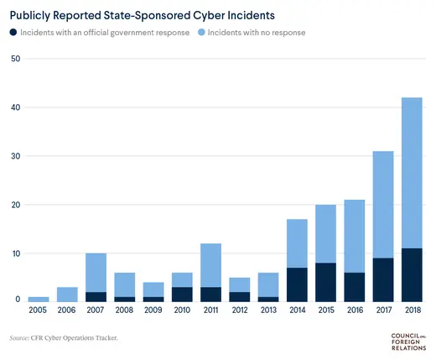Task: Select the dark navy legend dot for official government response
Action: [13, 33]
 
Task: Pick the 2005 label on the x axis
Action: [39, 311]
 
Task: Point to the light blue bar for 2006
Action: [68, 294]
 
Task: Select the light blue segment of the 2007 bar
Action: [96, 272]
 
